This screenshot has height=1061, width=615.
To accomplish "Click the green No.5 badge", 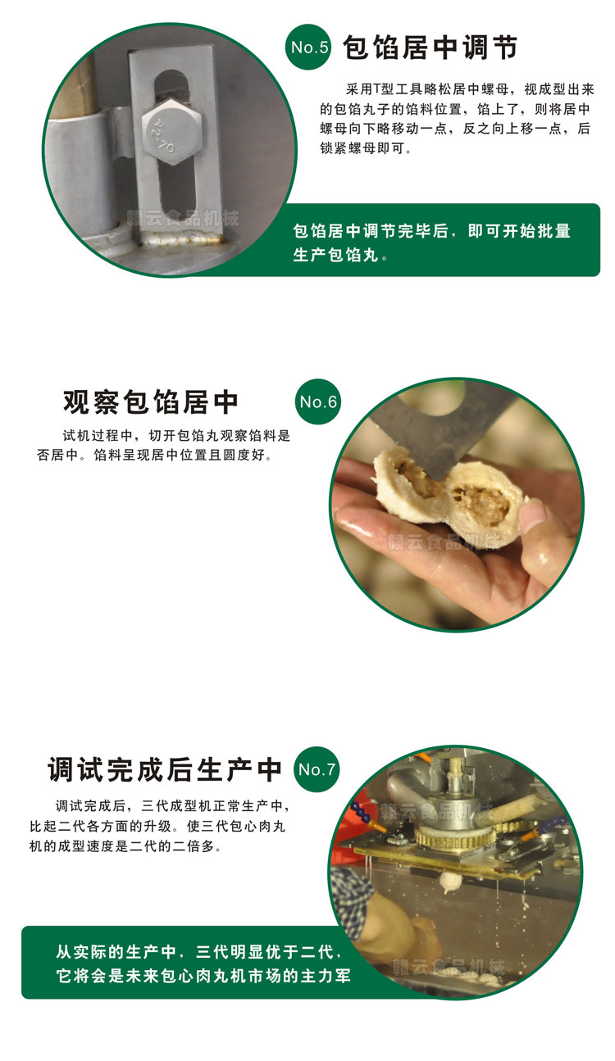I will tap(311, 48).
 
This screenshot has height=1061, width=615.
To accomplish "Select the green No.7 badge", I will tap(317, 769).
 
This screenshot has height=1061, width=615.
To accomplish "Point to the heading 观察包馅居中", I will tap(152, 401).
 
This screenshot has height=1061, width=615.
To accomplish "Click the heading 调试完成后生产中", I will tap(165, 769).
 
